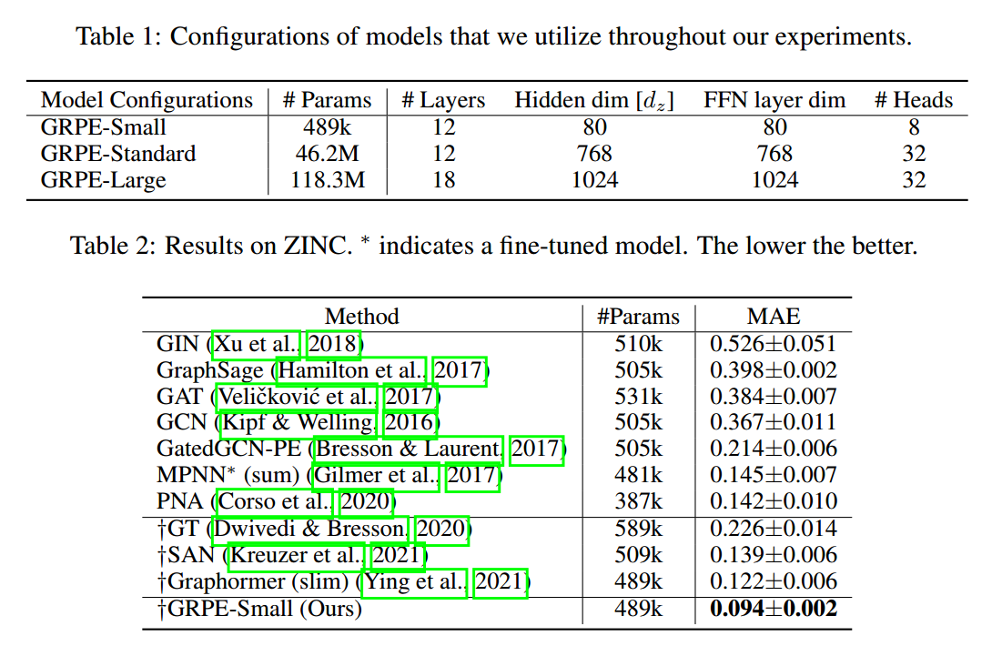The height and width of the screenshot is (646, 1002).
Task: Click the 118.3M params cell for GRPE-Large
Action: (328, 180)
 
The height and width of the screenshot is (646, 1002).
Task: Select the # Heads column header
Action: (914, 100)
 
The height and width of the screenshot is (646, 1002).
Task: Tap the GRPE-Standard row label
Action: (118, 154)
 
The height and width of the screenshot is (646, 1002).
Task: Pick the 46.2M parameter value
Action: (328, 154)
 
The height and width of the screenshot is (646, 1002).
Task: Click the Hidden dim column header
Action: (594, 100)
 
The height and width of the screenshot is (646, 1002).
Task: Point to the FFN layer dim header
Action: (774, 100)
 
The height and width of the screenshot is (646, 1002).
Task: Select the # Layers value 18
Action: (443, 180)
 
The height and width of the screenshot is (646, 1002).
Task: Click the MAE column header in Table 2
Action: (774, 317)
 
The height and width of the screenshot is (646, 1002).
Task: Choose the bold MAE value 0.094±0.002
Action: (774, 609)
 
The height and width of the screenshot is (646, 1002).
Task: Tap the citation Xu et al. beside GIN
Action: (258, 344)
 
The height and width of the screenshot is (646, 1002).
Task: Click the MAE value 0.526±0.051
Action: (774, 344)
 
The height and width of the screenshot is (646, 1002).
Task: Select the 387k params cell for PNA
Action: (638, 501)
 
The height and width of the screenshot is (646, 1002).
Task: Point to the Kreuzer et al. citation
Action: (298, 555)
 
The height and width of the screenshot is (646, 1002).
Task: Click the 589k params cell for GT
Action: (638, 529)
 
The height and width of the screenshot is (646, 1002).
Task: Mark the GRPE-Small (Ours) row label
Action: (259, 609)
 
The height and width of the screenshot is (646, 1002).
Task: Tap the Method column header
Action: (362, 317)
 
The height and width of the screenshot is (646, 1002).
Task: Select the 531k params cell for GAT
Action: (638, 397)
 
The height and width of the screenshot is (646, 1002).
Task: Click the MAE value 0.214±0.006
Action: (774, 449)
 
